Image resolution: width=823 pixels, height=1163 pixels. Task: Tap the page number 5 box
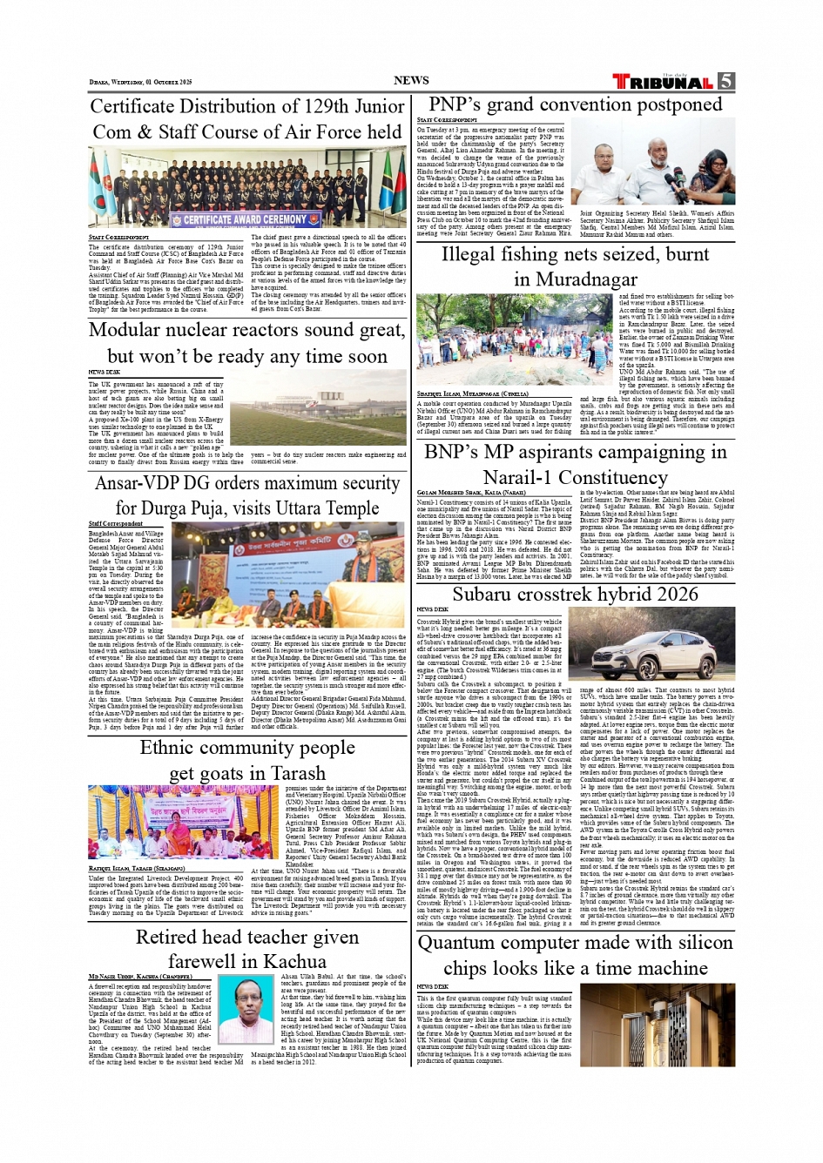726,81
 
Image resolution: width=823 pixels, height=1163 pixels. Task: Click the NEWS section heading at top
411,80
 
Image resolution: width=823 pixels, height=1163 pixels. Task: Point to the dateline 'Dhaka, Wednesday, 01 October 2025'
140,83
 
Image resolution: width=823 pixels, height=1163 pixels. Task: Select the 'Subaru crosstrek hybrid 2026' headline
575,594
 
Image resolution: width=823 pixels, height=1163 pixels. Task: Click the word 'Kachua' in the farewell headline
295,961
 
